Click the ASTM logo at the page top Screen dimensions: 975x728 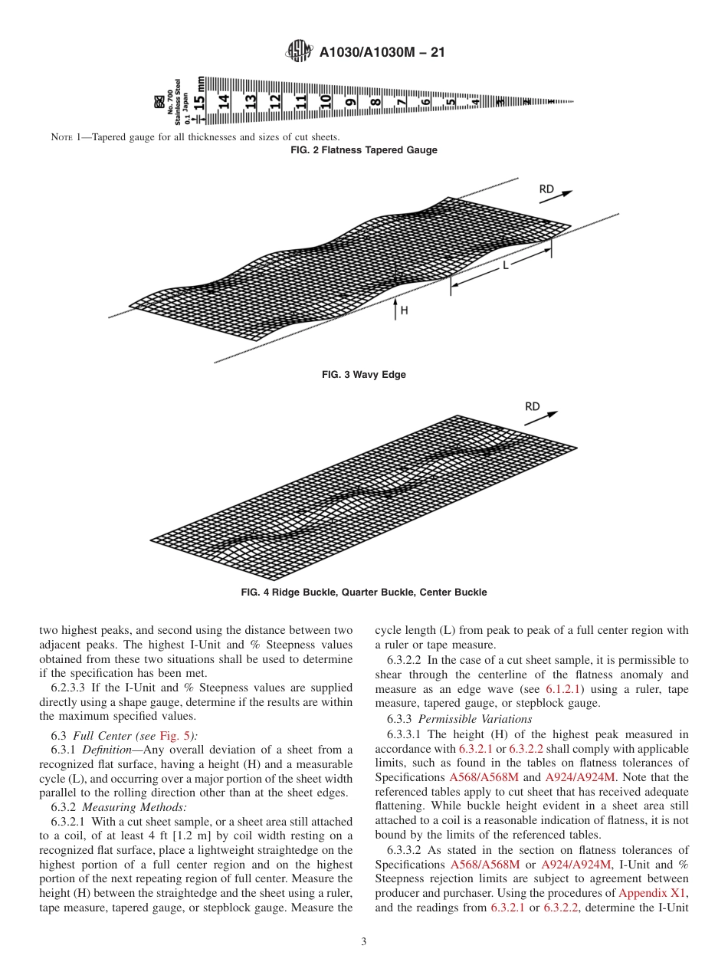pos(298,51)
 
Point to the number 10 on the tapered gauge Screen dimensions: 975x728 pos(325,100)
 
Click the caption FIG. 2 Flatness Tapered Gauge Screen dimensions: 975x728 pos(364,150)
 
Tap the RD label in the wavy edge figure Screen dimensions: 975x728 pos(546,189)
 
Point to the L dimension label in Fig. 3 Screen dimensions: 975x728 pos(506,265)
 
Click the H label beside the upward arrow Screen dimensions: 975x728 pos(404,310)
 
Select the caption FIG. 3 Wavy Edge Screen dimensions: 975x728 pos(364,375)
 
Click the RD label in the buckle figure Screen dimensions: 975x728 pos(533,406)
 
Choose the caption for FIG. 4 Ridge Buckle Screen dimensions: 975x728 pos(364,593)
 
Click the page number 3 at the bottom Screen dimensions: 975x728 pos(364,942)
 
